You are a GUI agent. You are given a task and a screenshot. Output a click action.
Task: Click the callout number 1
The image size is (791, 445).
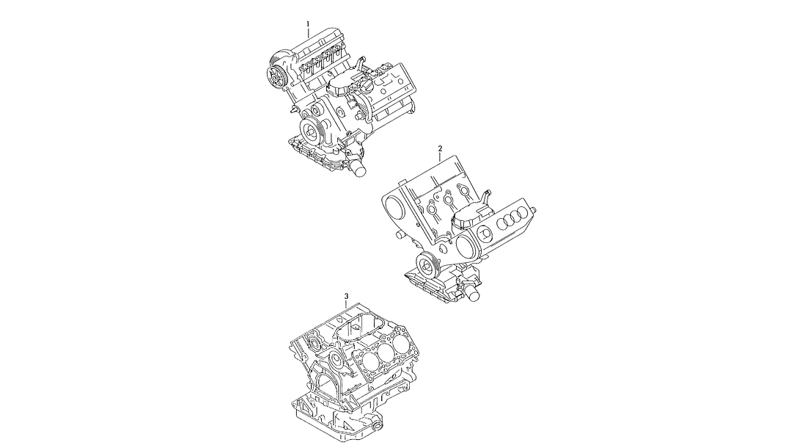click(x=308, y=23)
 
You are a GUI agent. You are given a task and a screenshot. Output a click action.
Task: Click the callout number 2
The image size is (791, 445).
click(x=440, y=148)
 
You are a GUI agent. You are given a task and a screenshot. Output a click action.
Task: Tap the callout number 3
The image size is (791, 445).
click(x=345, y=296)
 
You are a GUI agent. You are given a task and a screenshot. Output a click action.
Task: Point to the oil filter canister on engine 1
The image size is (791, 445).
click(x=358, y=167)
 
